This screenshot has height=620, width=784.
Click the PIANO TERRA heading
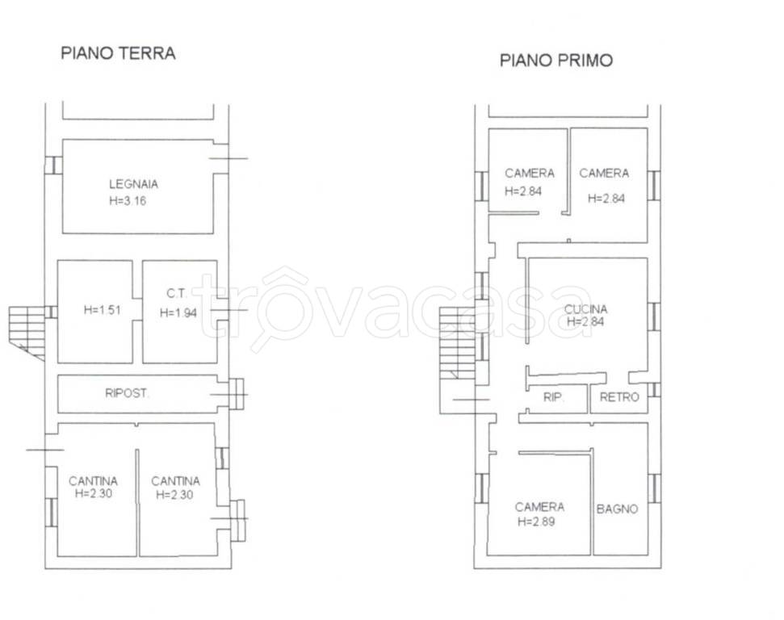[x=118, y=53]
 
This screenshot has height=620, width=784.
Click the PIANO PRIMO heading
[x=556, y=60]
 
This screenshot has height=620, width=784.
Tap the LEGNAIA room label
[x=133, y=184]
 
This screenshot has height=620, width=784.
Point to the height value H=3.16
[x=128, y=201]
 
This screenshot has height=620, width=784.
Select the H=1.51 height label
[x=102, y=310]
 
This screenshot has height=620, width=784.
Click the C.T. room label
[x=177, y=294]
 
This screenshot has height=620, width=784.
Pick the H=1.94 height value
[x=178, y=313]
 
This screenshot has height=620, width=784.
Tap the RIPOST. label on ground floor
[x=127, y=393]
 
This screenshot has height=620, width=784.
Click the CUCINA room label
[x=585, y=309]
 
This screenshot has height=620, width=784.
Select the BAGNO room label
[x=617, y=509]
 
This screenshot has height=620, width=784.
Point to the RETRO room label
[x=619, y=397]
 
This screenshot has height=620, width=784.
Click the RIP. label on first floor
[x=554, y=397]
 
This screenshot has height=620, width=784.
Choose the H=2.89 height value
[x=536, y=522]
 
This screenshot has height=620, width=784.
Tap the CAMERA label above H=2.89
[x=539, y=507]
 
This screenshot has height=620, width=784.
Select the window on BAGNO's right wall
[x=654, y=488]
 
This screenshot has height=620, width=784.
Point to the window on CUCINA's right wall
[x=654, y=316]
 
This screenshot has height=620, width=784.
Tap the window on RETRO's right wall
[x=654, y=390]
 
